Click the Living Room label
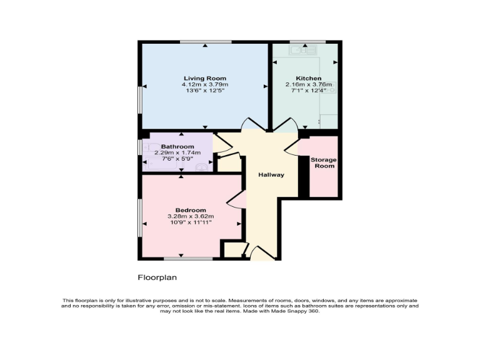click(x=205, y=78)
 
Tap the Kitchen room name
click(x=304, y=79)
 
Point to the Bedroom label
click(x=191, y=210)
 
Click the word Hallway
click(x=271, y=175)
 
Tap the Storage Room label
click(x=324, y=162)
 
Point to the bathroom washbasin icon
click(x=201, y=167)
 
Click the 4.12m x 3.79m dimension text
click(x=205, y=84)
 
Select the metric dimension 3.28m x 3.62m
click(x=191, y=216)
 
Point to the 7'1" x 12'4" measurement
click(x=304, y=91)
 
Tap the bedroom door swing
click(x=236, y=200)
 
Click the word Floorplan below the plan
click(x=154, y=276)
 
